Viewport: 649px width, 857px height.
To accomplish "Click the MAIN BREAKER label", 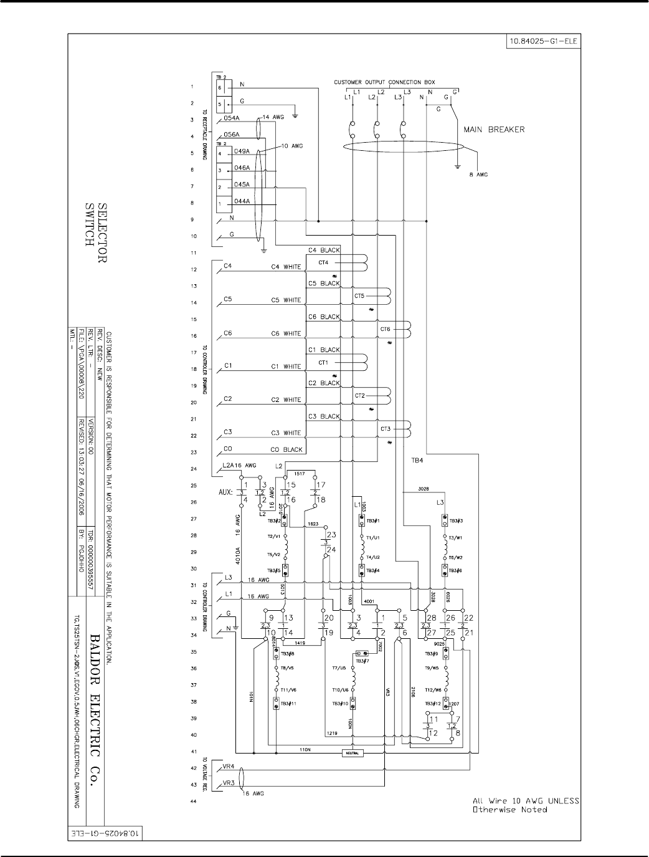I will [x=494, y=130].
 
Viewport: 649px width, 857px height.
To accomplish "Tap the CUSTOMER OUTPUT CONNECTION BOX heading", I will [x=384, y=82].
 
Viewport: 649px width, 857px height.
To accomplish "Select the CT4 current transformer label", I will [x=323, y=262].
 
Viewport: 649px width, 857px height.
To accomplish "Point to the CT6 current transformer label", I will [x=385, y=329].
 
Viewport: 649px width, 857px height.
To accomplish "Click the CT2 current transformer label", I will [x=359, y=396].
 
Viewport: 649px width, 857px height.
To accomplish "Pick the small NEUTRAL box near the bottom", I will [x=353, y=753].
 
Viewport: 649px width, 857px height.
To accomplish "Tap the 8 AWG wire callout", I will [x=478, y=175].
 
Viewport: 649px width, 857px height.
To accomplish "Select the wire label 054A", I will [x=232, y=117].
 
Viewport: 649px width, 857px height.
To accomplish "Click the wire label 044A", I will [x=242, y=201].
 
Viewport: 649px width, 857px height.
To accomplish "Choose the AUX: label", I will [x=227, y=492].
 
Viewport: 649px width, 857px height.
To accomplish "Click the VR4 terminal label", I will [x=228, y=766].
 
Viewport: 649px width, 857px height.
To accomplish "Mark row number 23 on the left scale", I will [x=193, y=452].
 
